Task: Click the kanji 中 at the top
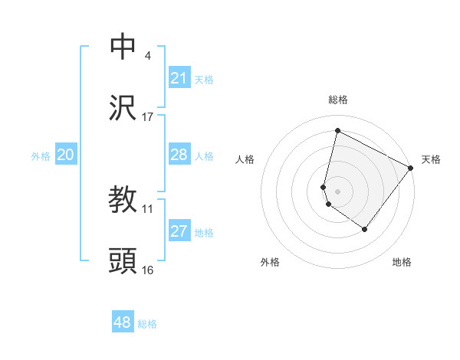click(x=123, y=47)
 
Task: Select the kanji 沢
click(x=123, y=107)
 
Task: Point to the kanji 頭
click(x=123, y=261)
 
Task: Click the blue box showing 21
click(x=179, y=78)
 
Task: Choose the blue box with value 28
click(x=179, y=155)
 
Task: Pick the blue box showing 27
click(x=179, y=231)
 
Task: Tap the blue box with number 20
click(x=65, y=155)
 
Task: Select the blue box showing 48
click(x=123, y=322)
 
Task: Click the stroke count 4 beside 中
click(x=147, y=56)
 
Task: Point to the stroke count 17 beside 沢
click(x=148, y=116)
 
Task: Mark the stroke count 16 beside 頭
click(x=148, y=270)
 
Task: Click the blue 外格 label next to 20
click(x=41, y=155)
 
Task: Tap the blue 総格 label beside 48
click(x=147, y=323)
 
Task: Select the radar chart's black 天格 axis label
click(x=431, y=159)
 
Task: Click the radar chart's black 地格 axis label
click(x=402, y=262)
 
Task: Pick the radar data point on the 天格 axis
click(x=411, y=167)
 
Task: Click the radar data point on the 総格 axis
click(x=337, y=131)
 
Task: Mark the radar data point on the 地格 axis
click(x=365, y=229)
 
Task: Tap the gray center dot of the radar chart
click(x=337, y=191)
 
